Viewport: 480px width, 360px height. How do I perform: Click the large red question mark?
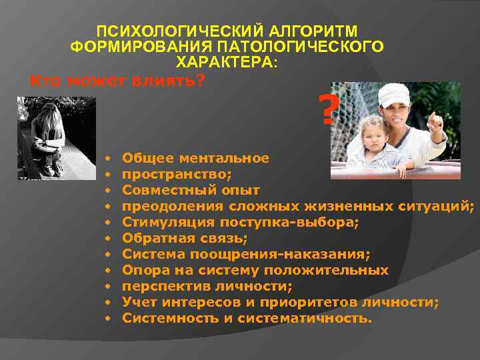[x=327, y=111]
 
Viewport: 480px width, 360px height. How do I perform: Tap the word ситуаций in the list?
[x=441, y=207]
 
